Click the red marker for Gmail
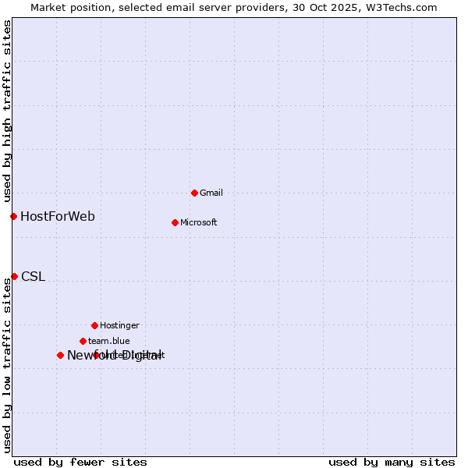point(194,193)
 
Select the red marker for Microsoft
point(175,222)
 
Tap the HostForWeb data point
point(13,216)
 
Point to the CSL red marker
point(14,276)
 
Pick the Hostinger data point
point(94,325)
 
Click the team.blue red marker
point(83,341)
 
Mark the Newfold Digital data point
point(60,355)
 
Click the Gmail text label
point(211,193)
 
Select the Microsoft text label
point(198,222)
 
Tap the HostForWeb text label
point(58,216)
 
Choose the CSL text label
point(33,276)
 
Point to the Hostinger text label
point(119,325)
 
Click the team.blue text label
point(109,341)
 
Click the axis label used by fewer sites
point(80,462)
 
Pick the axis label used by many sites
point(392,462)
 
